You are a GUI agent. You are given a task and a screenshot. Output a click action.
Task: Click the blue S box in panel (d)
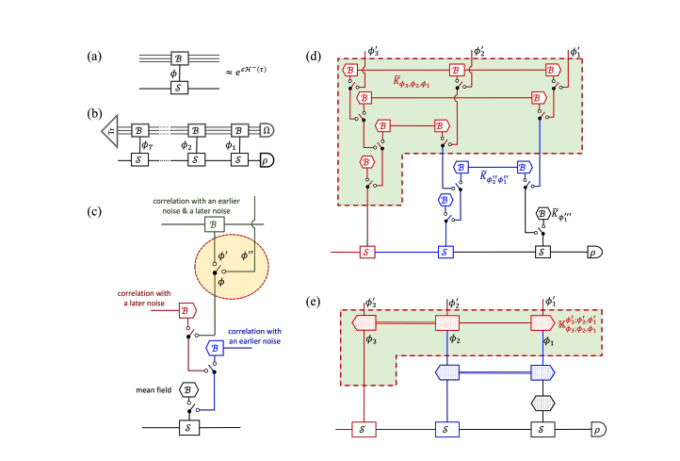[445, 253]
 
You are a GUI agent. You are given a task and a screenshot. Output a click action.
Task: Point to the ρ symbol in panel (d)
[595, 253]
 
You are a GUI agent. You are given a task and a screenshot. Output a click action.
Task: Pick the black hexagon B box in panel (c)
[188, 388]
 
